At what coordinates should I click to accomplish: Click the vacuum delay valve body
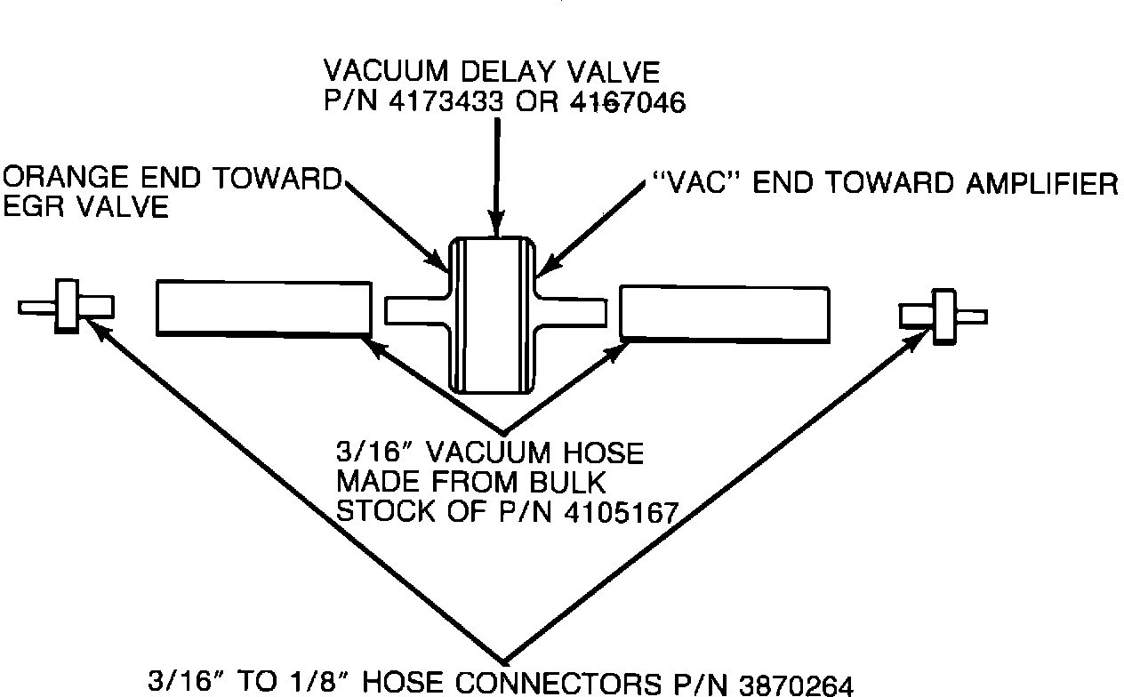pos(494,315)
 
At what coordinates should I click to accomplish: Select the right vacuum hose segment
pos(725,314)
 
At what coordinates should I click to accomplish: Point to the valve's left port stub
pos(415,309)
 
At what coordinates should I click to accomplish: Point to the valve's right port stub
pos(574,311)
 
